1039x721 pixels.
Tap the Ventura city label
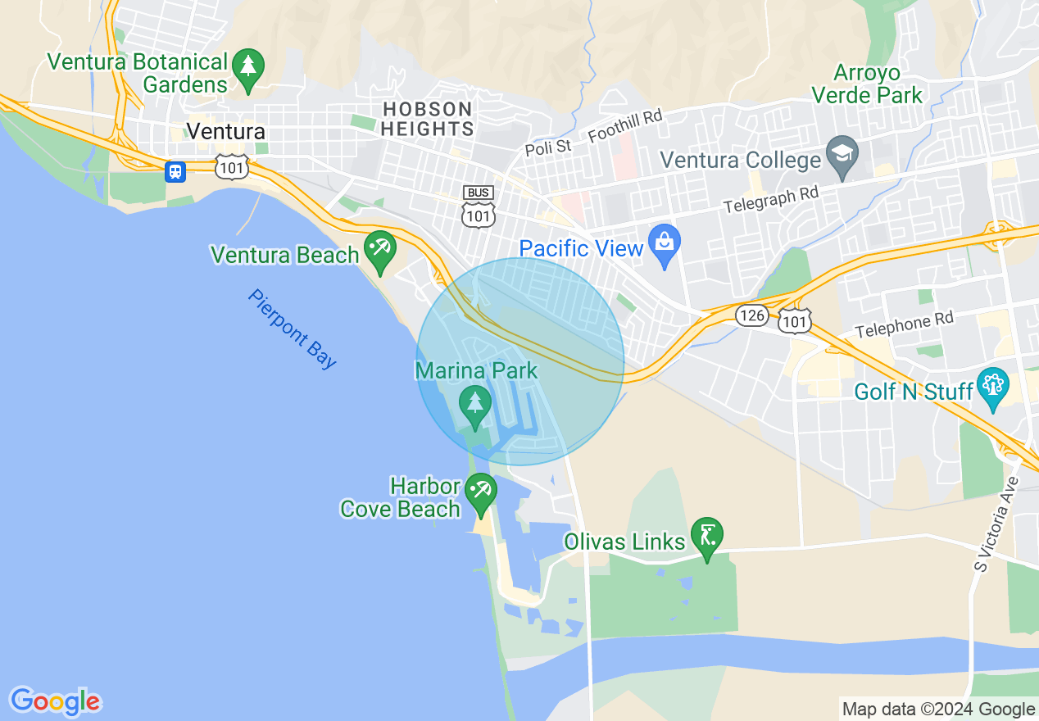pos(225,131)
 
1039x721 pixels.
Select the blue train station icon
pos(175,171)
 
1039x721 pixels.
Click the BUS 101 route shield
pos(479,206)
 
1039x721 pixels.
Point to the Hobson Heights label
pos(428,119)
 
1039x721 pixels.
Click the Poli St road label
pos(547,147)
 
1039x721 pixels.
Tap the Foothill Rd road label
pos(624,125)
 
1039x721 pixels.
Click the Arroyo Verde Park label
pos(867,84)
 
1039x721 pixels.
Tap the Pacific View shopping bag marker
pos(664,243)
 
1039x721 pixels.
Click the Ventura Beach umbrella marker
pos(379,248)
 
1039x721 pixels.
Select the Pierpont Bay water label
pos(292,329)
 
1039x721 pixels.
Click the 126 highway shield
pos(751,315)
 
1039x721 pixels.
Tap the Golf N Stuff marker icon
pos(993,387)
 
